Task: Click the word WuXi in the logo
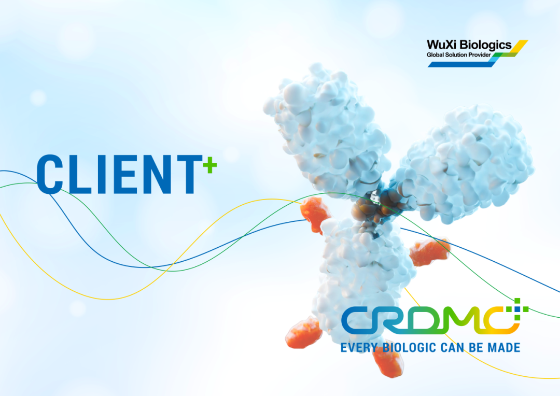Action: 441,45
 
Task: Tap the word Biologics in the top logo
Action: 485,46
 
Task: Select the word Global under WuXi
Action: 435,54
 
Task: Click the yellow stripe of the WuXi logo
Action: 519,47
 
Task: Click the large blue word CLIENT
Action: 120,174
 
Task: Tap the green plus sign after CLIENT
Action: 209,165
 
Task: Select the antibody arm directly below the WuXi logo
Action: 468,164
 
